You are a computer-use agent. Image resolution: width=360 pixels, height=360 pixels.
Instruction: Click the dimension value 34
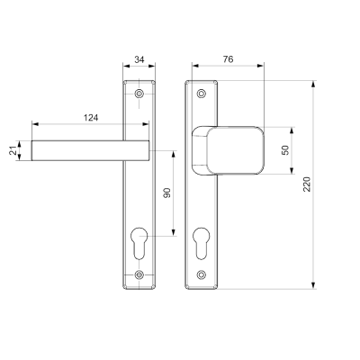[x=138, y=59]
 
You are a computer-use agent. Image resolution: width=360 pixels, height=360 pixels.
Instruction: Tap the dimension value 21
[x=13, y=150]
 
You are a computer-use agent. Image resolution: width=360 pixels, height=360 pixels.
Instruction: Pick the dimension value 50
[x=285, y=150]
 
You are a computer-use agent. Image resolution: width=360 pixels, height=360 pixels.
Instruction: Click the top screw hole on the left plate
[x=139, y=93]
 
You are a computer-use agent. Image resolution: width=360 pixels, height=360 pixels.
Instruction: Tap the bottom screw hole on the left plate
[x=139, y=275]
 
